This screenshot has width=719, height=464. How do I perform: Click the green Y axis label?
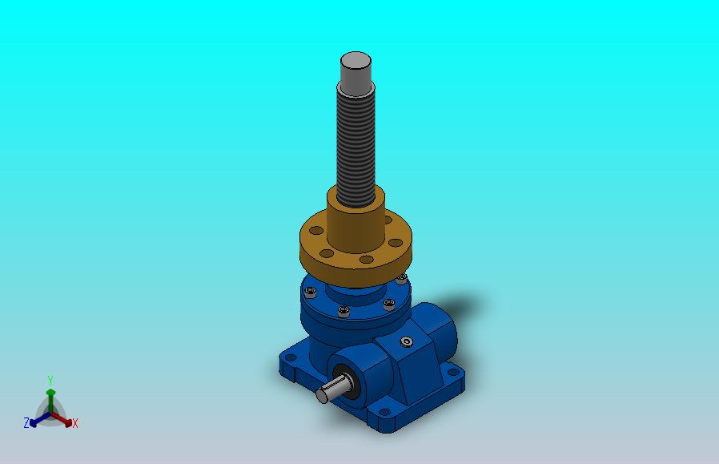coord(50,381)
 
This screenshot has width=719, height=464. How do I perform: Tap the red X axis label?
coord(75,423)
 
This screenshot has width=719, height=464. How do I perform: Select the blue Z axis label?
coord(26,422)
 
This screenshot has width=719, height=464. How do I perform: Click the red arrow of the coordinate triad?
coord(62,419)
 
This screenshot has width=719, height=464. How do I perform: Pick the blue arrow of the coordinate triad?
coord(40,419)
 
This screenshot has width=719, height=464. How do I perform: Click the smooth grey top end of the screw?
coord(355,74)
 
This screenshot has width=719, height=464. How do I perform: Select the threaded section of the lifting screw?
coord(355,147)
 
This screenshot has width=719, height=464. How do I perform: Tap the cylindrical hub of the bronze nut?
coord(355,220)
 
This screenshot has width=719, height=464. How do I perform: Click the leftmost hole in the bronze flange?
coord(316,230)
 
